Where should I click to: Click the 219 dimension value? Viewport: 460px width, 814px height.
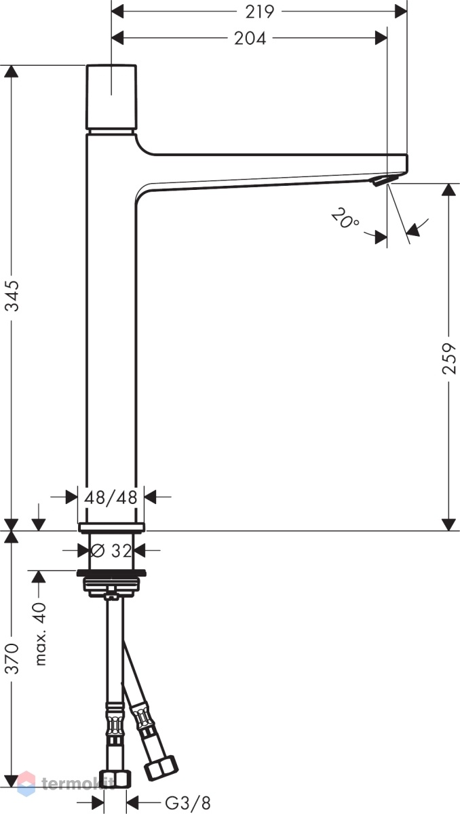259,12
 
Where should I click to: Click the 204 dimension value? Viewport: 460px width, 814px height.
250,38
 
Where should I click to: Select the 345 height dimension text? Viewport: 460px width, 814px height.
12,296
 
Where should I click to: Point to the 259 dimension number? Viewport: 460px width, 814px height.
448,358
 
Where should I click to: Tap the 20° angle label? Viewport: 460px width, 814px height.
345,218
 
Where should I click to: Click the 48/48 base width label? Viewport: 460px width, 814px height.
111,497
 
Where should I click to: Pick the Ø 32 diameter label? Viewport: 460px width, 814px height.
111,551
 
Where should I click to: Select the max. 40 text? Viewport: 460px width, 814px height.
40,634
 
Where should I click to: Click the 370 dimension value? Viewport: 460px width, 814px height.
12,658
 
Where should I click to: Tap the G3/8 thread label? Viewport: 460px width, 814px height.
188,802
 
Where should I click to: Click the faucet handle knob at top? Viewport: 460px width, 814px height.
111,97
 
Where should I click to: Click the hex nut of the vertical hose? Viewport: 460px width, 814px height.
115,779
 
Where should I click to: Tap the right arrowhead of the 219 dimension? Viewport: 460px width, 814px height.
400,12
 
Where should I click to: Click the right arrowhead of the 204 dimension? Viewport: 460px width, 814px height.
381,38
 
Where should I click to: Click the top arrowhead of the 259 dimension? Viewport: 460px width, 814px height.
449,190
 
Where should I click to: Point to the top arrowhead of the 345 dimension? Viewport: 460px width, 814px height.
12,71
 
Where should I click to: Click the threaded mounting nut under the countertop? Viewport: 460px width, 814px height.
111,584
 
